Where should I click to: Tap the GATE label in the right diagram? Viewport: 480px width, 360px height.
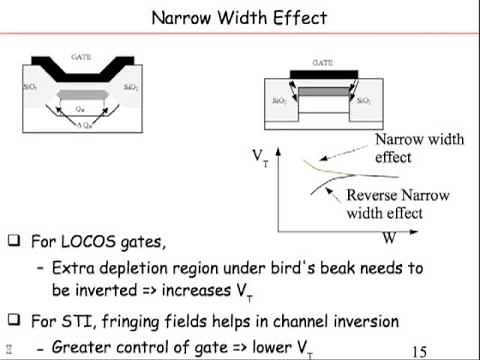point(322,61)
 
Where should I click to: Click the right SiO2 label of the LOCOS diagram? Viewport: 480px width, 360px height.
point(130,88)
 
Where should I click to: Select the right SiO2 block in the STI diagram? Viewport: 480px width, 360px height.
point(366,101)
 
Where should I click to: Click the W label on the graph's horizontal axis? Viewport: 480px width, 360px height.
point(389,240)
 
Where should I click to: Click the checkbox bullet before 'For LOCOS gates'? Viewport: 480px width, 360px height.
point(13,241)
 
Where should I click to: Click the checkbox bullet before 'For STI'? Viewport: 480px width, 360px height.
point(13,320)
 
